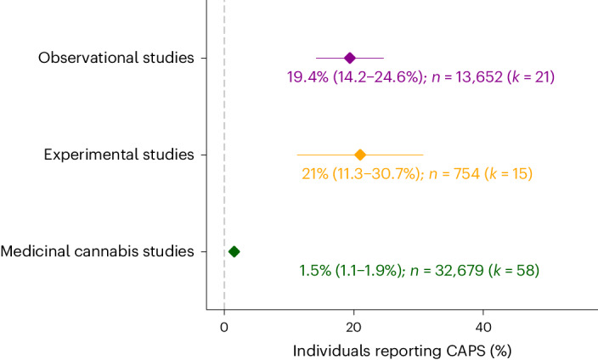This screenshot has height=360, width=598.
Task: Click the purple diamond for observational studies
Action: [350, 58]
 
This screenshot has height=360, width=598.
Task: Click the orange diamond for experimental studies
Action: [360, 155]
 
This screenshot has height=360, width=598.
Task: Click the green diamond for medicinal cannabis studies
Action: [234, 251]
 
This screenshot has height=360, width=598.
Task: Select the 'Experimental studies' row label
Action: [119, 155]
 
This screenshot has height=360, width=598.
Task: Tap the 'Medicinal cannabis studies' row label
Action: [98, 251]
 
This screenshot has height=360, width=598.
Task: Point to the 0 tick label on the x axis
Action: [224, 327]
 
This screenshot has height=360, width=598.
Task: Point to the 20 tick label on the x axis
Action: [354, 327]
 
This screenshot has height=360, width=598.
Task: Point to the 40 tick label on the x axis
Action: [483, 327]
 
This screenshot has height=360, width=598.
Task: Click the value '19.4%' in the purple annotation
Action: [306, 77]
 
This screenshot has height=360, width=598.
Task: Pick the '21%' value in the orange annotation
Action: [315, 174]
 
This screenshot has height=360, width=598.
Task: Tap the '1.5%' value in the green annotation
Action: [314, 271]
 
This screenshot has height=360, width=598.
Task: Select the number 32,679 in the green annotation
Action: [457, 271]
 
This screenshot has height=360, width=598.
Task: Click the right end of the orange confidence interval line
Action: [423, 155]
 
